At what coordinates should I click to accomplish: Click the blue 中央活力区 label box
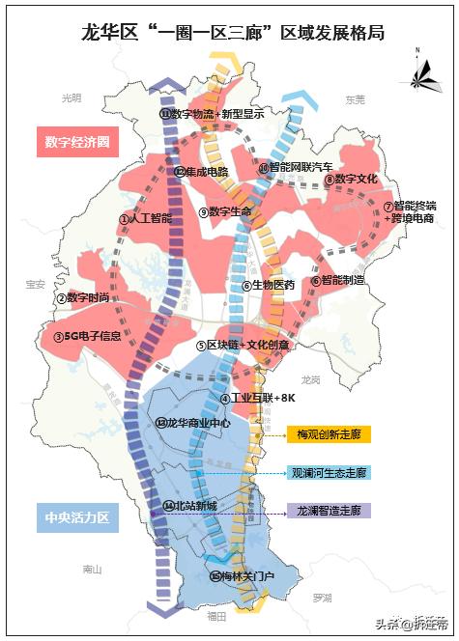pyautogui.click(x=77, y=518)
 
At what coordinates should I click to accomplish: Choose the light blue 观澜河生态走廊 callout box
pyautogui.click(x=329, y=473)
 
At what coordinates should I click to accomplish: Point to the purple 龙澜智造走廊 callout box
pyautogui.click(x=329, y=510)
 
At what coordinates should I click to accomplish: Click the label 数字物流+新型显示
pyautogui.click(x=212, y=113)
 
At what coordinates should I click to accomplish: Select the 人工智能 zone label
pyautogui.click(x=146, y=219)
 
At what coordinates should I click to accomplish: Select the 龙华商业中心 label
pyautogui.click(x=193, y=423)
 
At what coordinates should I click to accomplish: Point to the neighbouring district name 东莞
pyautogui.click(x=355, y=99)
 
